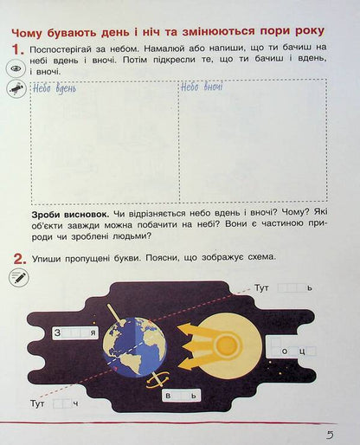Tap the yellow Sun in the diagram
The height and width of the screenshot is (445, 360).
coord(227,345)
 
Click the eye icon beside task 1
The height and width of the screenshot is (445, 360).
coord(16,68)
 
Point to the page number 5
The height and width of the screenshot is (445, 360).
coord(330,434)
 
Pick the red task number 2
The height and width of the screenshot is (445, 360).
coord(15,257)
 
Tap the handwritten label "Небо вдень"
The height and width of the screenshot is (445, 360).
coord(54,87)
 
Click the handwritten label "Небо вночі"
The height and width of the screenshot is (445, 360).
coord(202,87)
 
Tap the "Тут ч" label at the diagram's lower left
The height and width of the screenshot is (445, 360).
coord(55,403)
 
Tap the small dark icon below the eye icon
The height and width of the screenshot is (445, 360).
coord(16,87)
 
